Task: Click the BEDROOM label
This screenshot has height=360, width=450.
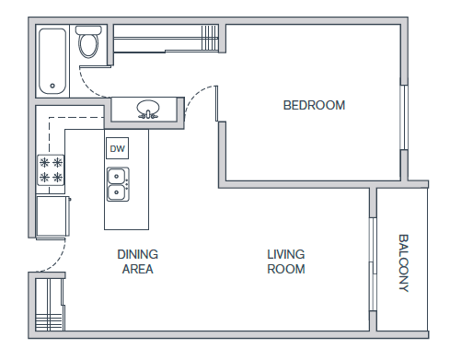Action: click(x=314, y=105)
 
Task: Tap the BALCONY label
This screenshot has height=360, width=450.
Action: click(x=403, y=263)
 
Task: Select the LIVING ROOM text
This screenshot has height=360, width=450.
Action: click(x=286, y=261)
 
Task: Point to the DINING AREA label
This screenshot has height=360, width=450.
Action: click(x=138, y=261)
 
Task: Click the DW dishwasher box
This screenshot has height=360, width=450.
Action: click(x=118, y=148)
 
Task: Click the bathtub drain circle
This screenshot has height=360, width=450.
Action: click(x=52, y=86)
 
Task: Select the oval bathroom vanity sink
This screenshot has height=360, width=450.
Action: click(x=148, y=108)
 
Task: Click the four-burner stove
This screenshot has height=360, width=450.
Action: click(x=51, y=170)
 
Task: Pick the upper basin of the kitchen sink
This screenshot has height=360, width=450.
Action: click(x=117, y=177)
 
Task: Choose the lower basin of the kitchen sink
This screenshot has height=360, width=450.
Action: click(x=117, y=192)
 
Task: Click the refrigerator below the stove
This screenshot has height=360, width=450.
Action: click(x=52, y=216)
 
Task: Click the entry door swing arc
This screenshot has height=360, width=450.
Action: click(x=57, y=261)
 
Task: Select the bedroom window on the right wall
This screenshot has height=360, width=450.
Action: click(x=404, y=117)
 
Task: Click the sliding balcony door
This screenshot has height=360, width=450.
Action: click(x=373, y=264)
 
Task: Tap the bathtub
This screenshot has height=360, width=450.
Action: click(x=52, y=62)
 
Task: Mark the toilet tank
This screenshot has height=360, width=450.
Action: click(x=88, y=30)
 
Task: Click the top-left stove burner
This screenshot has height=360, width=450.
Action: click(x=44, y=162)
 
